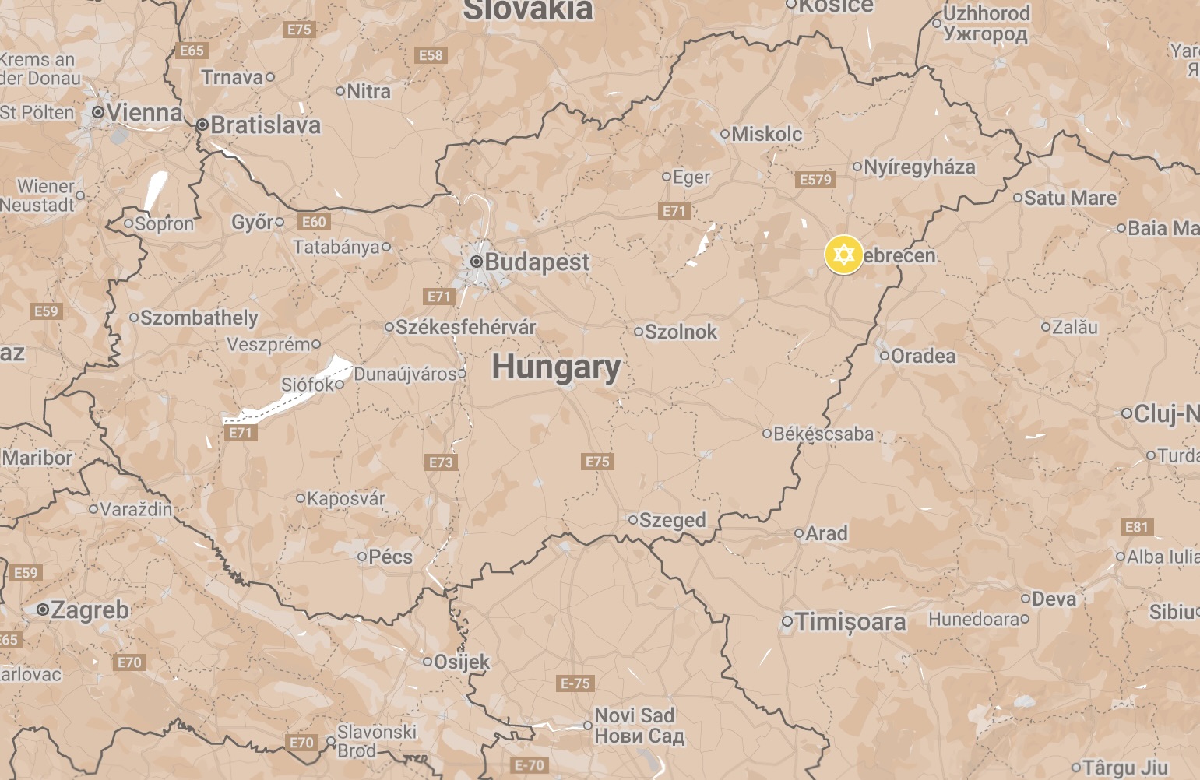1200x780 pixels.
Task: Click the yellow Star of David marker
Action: (843, 255)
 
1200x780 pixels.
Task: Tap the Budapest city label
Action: (537, 262)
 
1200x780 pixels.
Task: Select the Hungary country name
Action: (556, 367)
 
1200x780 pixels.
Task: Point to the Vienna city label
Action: (144, 113)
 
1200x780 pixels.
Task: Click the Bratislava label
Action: (265, 125)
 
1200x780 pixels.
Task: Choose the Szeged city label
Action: (672, 520)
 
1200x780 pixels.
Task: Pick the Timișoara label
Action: (850, 622)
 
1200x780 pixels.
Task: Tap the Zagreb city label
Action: (90, 610)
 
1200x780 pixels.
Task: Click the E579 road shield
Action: (815, 180)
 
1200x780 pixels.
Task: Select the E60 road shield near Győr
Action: (314, 222)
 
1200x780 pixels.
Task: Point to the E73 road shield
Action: (441, 462)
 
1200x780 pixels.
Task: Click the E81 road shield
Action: (1136, 527)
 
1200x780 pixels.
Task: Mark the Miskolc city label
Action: (766, 134)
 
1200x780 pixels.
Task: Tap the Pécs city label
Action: (390, 557)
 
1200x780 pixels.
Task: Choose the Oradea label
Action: (923, 356)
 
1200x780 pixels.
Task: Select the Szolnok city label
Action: (681, 332)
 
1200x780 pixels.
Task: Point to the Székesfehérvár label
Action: (466, 327)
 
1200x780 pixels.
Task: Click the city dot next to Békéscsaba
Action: (766, 434)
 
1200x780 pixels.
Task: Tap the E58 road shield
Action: (431, 55)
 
